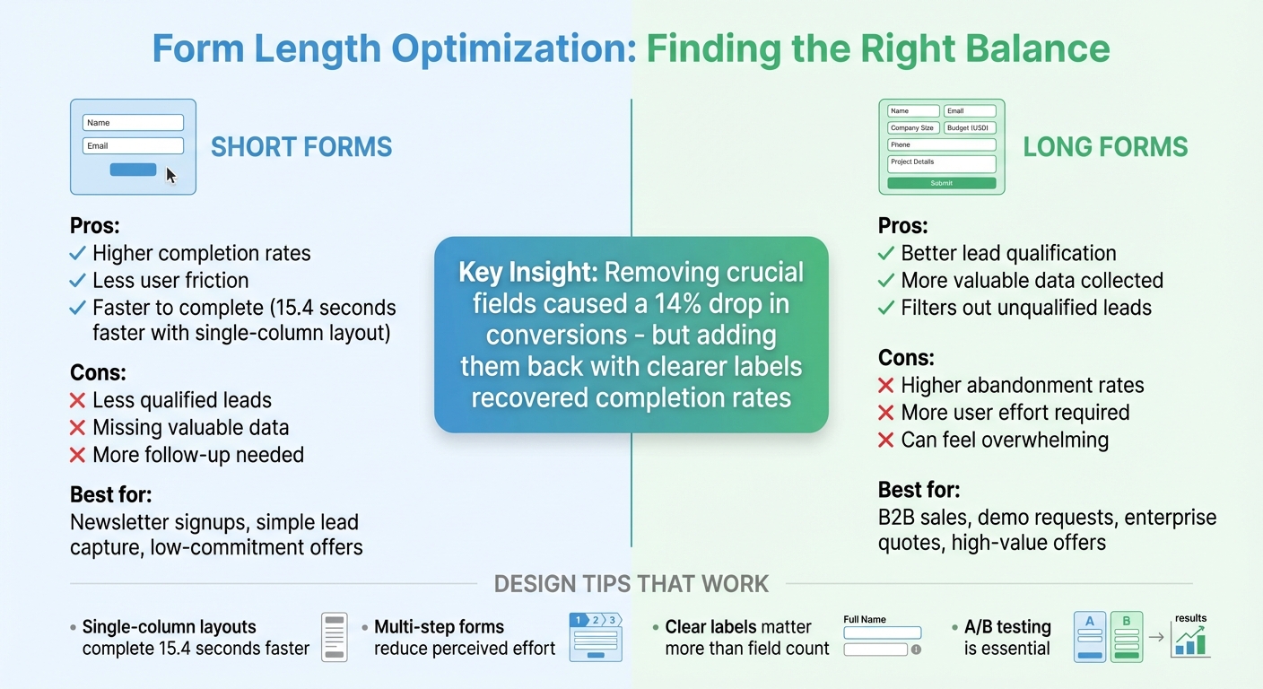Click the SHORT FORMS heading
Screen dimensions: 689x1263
coord(301,147)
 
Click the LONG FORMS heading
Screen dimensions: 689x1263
coord(1105,147)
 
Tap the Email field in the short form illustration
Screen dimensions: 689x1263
coord(133,145)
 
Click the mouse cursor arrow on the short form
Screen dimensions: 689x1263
coord(170,175)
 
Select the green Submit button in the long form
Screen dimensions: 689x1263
coord(941,183)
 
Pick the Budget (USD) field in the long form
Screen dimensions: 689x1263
coord(970,128)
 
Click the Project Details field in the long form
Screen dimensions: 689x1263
coord(941,163)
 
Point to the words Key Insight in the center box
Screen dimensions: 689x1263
coord(528,272)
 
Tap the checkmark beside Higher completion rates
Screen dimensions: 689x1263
coord(78,253)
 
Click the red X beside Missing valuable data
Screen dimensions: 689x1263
coord(78,428)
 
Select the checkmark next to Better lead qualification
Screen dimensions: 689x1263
coord(886,253)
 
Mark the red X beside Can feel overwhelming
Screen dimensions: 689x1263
coord(886,440)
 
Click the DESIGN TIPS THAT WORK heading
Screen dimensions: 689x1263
coord(631,584)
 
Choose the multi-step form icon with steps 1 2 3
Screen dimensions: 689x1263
coord(595,637)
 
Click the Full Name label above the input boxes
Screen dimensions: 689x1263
coord(865,619)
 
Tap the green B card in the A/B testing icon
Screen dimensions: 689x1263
coord(1127,637)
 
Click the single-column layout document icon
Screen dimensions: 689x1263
coord(334,637)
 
